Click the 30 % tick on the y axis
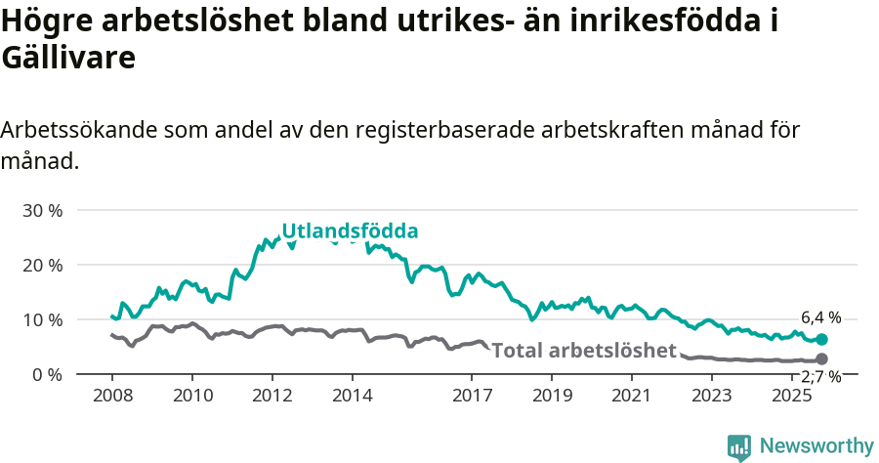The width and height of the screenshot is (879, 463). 42,210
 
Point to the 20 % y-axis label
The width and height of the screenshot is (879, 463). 42,265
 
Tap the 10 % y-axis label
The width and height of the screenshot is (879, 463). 42,319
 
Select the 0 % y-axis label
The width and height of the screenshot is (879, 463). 47,374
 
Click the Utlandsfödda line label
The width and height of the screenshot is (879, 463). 350,231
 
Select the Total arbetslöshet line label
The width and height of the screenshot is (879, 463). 584,351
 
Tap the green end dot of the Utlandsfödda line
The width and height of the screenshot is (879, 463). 821,339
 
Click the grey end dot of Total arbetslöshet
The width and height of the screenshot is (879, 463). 821,359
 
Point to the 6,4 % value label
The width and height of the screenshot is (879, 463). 820,317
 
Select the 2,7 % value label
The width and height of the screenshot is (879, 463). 820,377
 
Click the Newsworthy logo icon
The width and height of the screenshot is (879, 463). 739,447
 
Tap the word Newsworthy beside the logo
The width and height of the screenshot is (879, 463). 816,446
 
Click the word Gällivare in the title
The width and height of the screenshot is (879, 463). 67,58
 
